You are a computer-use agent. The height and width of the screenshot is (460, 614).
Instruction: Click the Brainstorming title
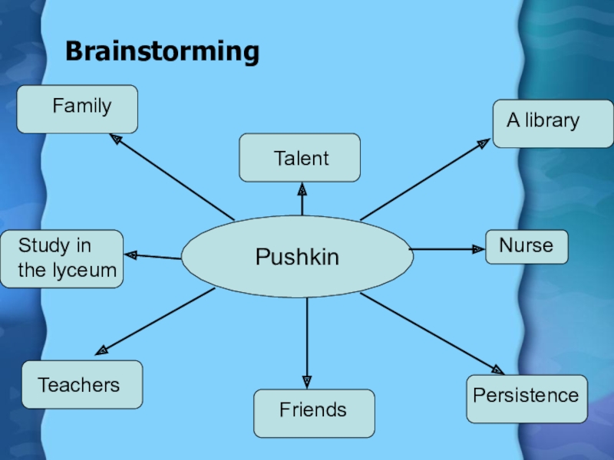162,51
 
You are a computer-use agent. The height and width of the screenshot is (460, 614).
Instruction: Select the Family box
78,109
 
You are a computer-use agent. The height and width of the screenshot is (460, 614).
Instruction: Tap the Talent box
299,158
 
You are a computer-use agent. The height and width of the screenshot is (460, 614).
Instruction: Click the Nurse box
527,247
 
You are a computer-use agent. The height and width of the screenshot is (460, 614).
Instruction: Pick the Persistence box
527,398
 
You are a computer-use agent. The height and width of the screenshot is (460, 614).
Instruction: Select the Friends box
314,412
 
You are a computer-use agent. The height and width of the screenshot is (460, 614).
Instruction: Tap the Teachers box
82,384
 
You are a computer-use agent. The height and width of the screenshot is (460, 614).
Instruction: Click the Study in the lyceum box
61,258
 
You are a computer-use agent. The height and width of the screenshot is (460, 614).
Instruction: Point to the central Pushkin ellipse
297,256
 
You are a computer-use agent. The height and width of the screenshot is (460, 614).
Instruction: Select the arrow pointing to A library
424,179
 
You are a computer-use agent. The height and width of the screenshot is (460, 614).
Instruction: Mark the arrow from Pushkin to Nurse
447,249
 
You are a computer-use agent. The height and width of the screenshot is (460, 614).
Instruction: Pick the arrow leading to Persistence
431,333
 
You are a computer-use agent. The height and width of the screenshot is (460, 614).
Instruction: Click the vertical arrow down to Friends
307,341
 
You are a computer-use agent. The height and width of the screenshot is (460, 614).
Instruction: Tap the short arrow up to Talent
302,199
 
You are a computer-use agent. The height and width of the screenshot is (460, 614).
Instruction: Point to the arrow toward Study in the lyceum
153,256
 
